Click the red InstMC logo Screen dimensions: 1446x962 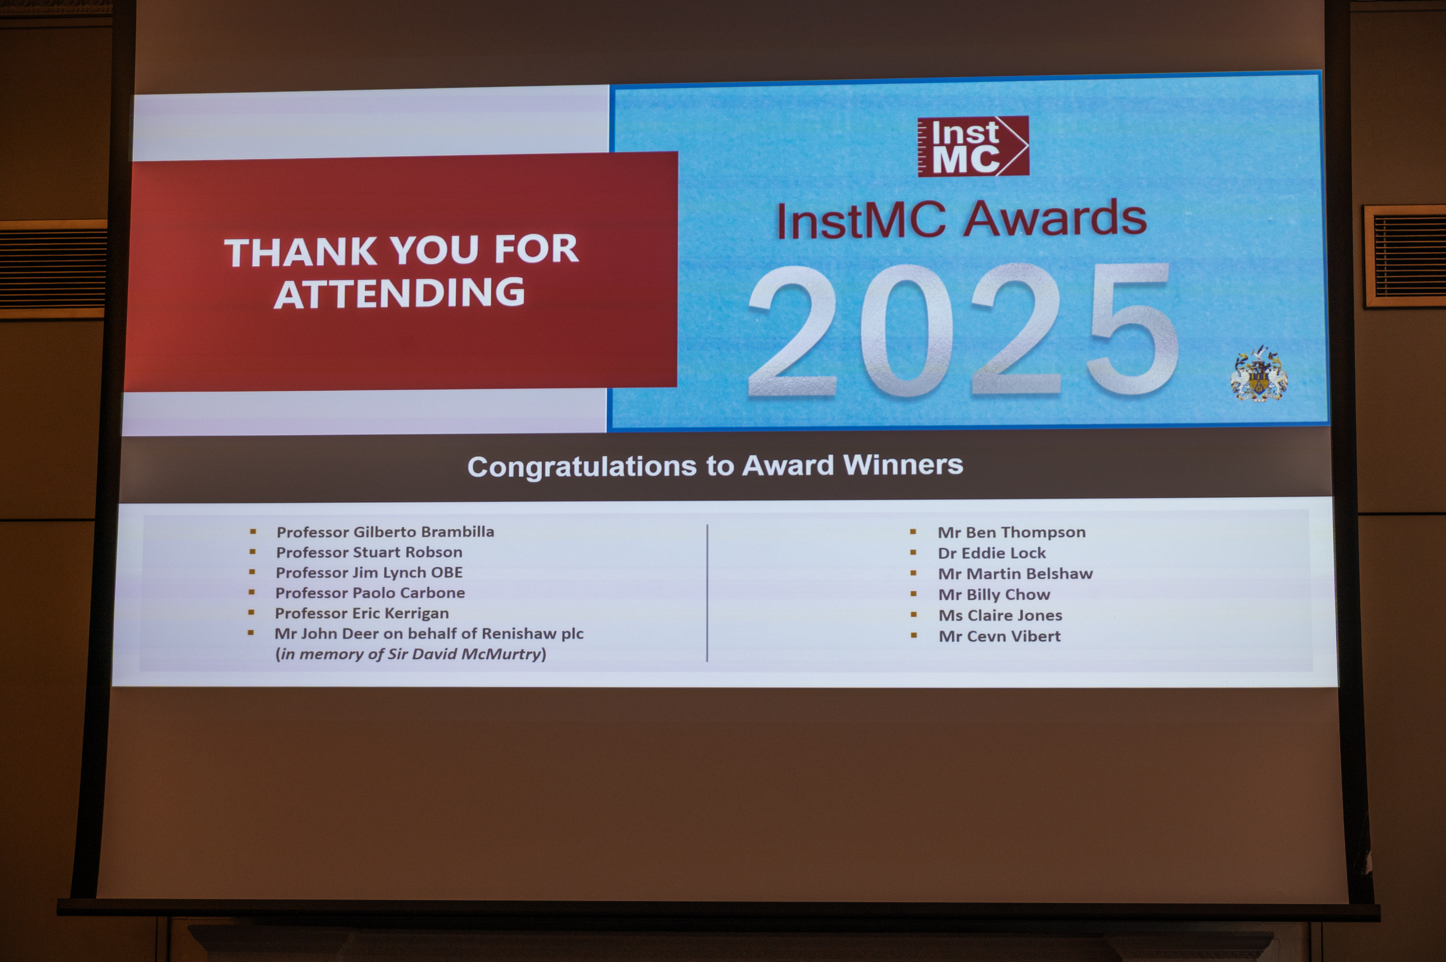[973, 146]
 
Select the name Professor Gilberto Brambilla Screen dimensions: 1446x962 [385, 532]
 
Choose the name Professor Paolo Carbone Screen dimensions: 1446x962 [370, 593]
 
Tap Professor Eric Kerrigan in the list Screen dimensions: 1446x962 [362, 613]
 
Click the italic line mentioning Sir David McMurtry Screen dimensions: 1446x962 [411, 654]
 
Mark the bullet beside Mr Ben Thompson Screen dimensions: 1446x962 [913, 532]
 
